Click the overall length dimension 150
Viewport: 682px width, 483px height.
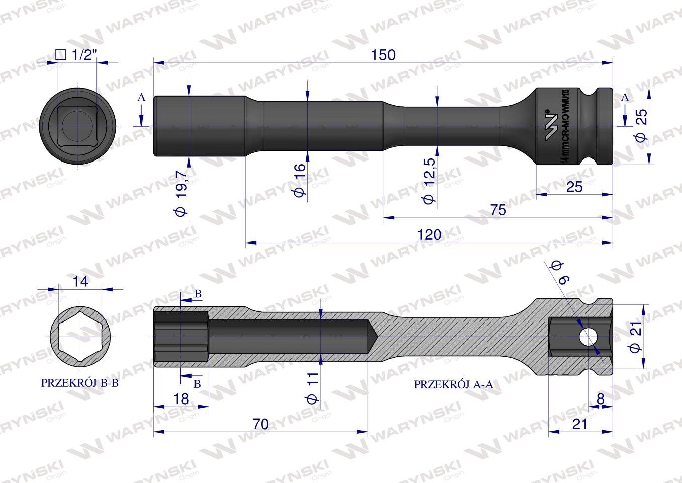383,54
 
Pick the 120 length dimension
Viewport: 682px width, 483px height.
429,234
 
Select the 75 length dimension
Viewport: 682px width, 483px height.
497,210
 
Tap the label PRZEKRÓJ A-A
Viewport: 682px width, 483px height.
453,385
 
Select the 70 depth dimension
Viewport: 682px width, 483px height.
261,424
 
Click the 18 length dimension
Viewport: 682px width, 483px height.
181,399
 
